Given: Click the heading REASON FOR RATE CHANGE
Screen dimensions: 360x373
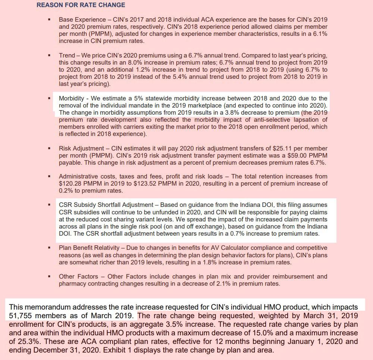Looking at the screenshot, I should [81, 5].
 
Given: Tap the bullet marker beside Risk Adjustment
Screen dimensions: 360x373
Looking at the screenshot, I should [49, 148].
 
